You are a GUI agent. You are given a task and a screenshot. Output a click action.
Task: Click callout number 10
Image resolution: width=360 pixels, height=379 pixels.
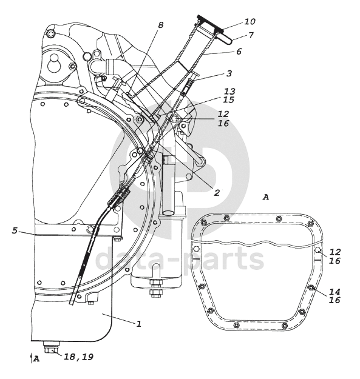click(x=250, y=21)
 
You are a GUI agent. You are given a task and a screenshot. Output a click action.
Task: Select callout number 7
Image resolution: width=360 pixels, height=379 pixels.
click(x=251, y=35)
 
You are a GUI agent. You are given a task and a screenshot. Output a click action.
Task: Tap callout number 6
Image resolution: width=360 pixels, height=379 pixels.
click(x=239, y=52)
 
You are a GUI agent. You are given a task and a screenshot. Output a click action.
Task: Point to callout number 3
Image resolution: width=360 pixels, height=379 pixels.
click(x=229, y=73)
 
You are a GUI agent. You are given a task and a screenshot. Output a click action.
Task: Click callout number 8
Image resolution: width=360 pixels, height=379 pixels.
click(x=161, y=25)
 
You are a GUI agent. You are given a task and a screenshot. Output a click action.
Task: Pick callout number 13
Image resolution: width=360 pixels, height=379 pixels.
click(x=229, y=92)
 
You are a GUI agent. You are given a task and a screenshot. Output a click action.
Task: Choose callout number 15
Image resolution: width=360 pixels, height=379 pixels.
click(x=229, y=99)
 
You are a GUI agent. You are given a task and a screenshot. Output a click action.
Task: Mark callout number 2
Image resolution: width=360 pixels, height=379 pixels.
click(x=217, y=193)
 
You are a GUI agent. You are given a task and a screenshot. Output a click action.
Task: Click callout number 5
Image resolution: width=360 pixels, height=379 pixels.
click(x=15, y=230)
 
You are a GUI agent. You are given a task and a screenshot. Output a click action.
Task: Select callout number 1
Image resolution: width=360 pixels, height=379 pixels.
click(x=138, y=324)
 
